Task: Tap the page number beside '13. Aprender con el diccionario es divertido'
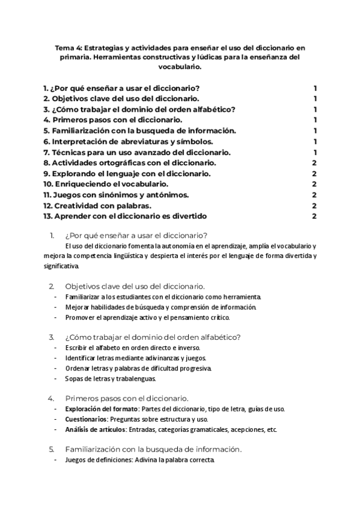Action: click(x=314, y=217)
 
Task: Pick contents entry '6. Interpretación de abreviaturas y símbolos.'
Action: click(x=128, y=141)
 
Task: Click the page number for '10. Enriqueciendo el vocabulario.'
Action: click(x=314, y=184)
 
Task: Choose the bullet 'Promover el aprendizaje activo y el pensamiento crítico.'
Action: click(x=148, y=318)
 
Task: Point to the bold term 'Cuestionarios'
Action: click(x=87, y=419)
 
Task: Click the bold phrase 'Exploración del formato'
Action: click(x=102, y=409)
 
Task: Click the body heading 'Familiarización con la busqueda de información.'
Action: click(x=153, y=449)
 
